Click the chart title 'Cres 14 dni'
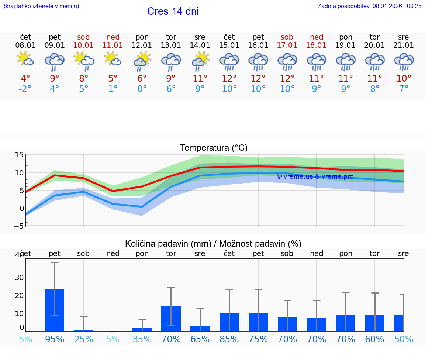coord(173,11)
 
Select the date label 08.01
coord(25,45)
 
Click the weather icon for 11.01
coord(113,59)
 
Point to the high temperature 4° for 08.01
coord(25,78)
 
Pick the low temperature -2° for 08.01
coord(25,89)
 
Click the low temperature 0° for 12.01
coord(142,89)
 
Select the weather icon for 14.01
coord(200,61)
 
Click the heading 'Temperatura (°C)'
coord(214,148)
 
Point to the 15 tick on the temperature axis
coord(19,155)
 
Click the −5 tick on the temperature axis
coord(19,226)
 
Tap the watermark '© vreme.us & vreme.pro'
coord(315,176)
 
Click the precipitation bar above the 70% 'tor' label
coord(171,318)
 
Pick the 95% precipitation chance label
coord(55,339)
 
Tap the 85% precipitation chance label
coord(229,339)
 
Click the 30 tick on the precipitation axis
coord(19,277)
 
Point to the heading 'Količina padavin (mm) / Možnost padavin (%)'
coord(213,244)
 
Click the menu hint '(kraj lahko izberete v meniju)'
coord(41,6)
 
